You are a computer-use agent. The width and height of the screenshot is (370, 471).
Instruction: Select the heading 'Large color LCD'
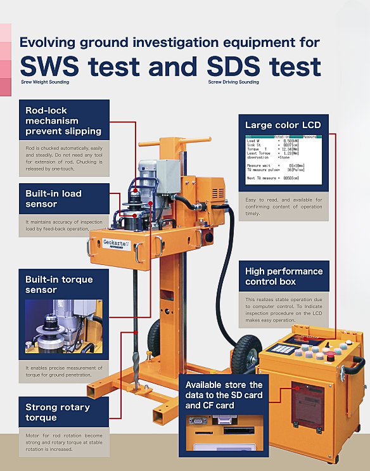pos(283,125)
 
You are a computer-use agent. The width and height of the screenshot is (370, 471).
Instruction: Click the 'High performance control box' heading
pos(284,276)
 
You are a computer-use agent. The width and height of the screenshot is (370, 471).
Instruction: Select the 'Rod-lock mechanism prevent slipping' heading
pos(63,120)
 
